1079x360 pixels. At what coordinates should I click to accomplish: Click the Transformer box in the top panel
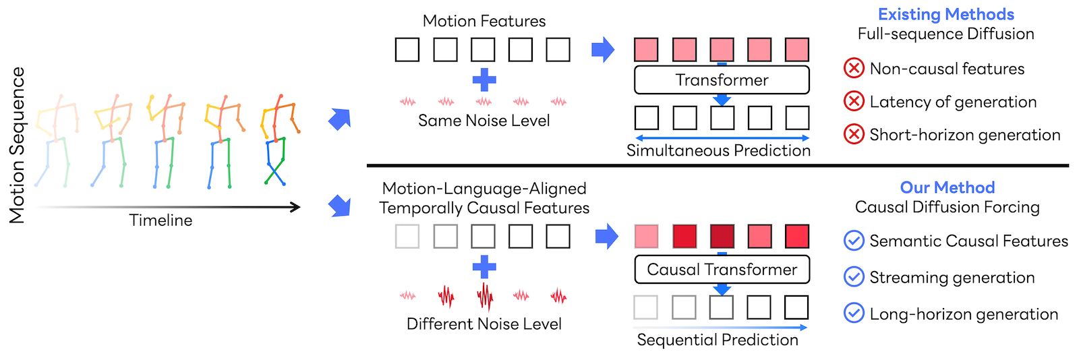tap(722, 80)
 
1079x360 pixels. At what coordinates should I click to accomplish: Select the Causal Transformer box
tap(722, 270)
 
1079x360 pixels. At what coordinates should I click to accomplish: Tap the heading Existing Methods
tap(946, 14)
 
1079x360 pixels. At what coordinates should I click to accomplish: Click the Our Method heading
tap(947, 187)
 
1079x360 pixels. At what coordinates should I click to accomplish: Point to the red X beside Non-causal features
tap(854, 68)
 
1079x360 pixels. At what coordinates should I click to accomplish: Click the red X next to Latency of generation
tap(854, 102)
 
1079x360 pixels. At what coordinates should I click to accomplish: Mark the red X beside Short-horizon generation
tap(854, 135)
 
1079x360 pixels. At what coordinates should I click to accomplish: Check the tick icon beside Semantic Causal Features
tap(854, 241)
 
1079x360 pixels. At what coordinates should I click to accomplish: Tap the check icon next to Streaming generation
tap(854, 276)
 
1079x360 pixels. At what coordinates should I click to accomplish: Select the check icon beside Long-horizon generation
tap(854, 313)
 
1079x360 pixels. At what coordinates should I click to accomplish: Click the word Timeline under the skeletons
tap(161, 220)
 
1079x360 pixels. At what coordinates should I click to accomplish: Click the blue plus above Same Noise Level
tap(484, 80)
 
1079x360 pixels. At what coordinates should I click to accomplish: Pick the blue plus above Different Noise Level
tap(484, 267)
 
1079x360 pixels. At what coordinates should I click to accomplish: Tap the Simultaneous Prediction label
tap(718, 150)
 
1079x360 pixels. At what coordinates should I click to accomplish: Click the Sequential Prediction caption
tap(718, 340)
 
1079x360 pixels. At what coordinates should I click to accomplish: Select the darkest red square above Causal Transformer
tap(722, 237)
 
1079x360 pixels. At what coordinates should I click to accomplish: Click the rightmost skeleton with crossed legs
tap(280, 140)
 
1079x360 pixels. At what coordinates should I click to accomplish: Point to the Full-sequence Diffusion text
tap(946, 34)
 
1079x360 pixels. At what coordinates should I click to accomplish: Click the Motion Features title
tap(484, 21)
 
